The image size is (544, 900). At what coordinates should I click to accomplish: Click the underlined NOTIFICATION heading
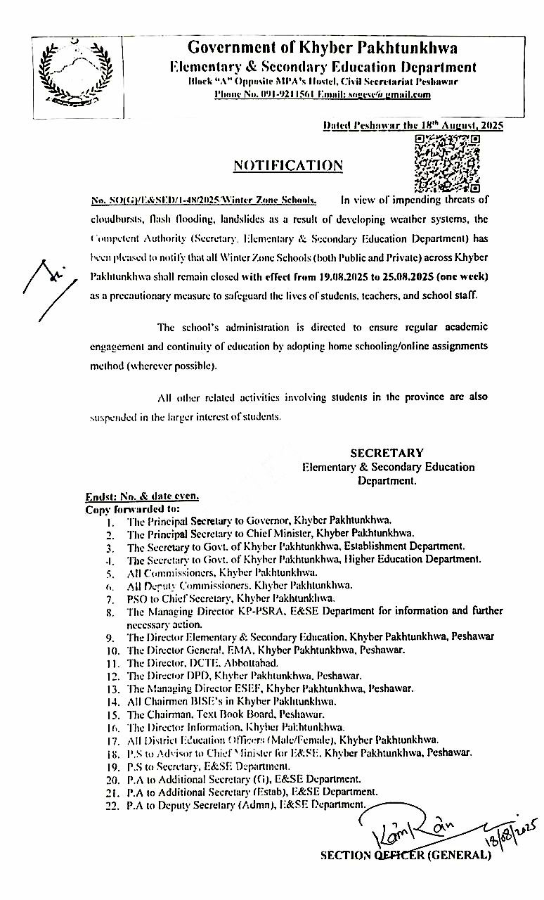click(x=287, y=166)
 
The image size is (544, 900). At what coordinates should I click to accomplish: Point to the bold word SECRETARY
click(x=387, y=453)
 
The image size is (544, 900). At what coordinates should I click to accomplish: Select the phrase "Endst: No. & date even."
click(x=142, y=496)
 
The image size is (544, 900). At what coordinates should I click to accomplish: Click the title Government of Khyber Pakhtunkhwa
click(x=322, y=48)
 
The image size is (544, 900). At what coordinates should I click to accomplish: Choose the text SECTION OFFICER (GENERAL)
click(x=406, y=856)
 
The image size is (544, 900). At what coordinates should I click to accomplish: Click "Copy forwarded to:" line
click(x=133, y=508)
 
